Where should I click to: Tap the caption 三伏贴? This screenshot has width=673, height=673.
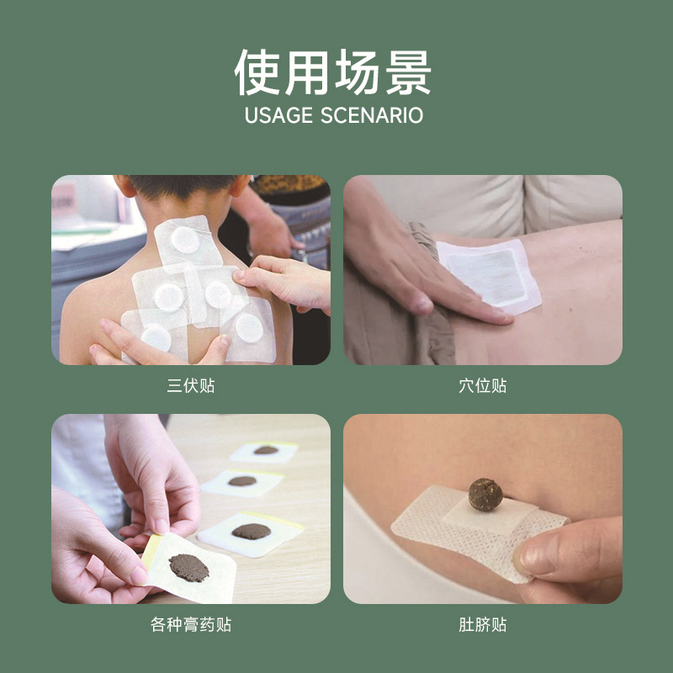point(190,386)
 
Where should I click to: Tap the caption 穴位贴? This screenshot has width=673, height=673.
point(482,386)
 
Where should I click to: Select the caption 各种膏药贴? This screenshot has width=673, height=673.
point(190,625)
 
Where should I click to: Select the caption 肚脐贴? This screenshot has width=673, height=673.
point(482,625)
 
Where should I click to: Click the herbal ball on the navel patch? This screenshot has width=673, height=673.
point(485,494)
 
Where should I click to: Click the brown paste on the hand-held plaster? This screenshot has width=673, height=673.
point(188,567)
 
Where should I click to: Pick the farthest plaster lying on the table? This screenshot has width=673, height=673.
point(265,452)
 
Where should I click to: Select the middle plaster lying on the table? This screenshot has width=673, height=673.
point(242,482)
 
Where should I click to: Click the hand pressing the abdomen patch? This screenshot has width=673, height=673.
point(421,269)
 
